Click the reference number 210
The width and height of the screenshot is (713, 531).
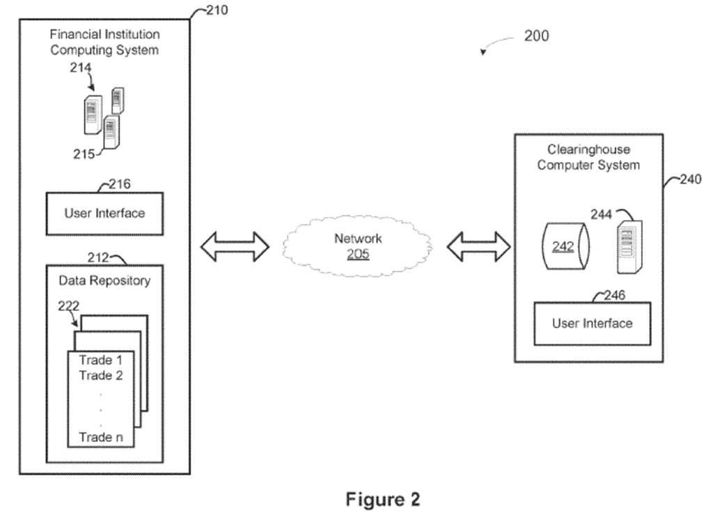point(215,10)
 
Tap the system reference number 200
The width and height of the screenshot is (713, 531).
point(535,36)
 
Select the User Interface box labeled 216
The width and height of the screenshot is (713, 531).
point(104,213)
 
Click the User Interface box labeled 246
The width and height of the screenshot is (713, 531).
point(592,323)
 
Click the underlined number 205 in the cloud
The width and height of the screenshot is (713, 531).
point(358,255)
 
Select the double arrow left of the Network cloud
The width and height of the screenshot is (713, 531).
point(234,247)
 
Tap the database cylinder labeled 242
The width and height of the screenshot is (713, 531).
point(564,246)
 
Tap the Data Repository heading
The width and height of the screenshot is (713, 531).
point(104,281)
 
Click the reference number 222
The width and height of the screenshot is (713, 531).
point(69,305)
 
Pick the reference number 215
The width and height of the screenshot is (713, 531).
point(84,154)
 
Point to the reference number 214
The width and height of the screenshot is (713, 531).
point(80,68)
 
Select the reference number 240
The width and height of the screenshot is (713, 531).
point(691,180)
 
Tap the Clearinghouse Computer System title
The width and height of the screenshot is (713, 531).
point(588,158)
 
